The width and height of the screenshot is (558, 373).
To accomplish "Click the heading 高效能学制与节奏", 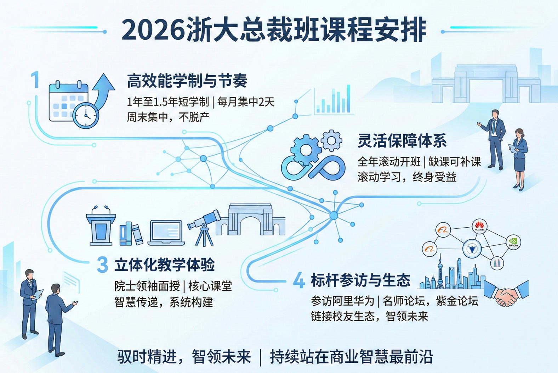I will [x=187, y=81].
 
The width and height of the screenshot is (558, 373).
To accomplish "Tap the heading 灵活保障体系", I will [x=402, y=141].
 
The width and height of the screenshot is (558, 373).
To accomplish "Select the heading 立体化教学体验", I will [x=165, y=265].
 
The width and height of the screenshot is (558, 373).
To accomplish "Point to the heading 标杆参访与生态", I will [x=360, y=280].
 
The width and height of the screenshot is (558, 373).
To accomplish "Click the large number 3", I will [x=102, y=265].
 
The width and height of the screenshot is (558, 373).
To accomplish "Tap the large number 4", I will [x=299, y=280].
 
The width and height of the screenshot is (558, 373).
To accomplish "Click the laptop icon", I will [x=166, y=233].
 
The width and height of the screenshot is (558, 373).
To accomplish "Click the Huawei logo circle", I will [x=479, y=226].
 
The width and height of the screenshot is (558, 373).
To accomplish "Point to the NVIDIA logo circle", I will [x=513, y=243].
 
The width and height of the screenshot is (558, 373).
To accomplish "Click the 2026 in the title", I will [x=153, y=30].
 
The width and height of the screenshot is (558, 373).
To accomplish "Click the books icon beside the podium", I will [x=131, y=234].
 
